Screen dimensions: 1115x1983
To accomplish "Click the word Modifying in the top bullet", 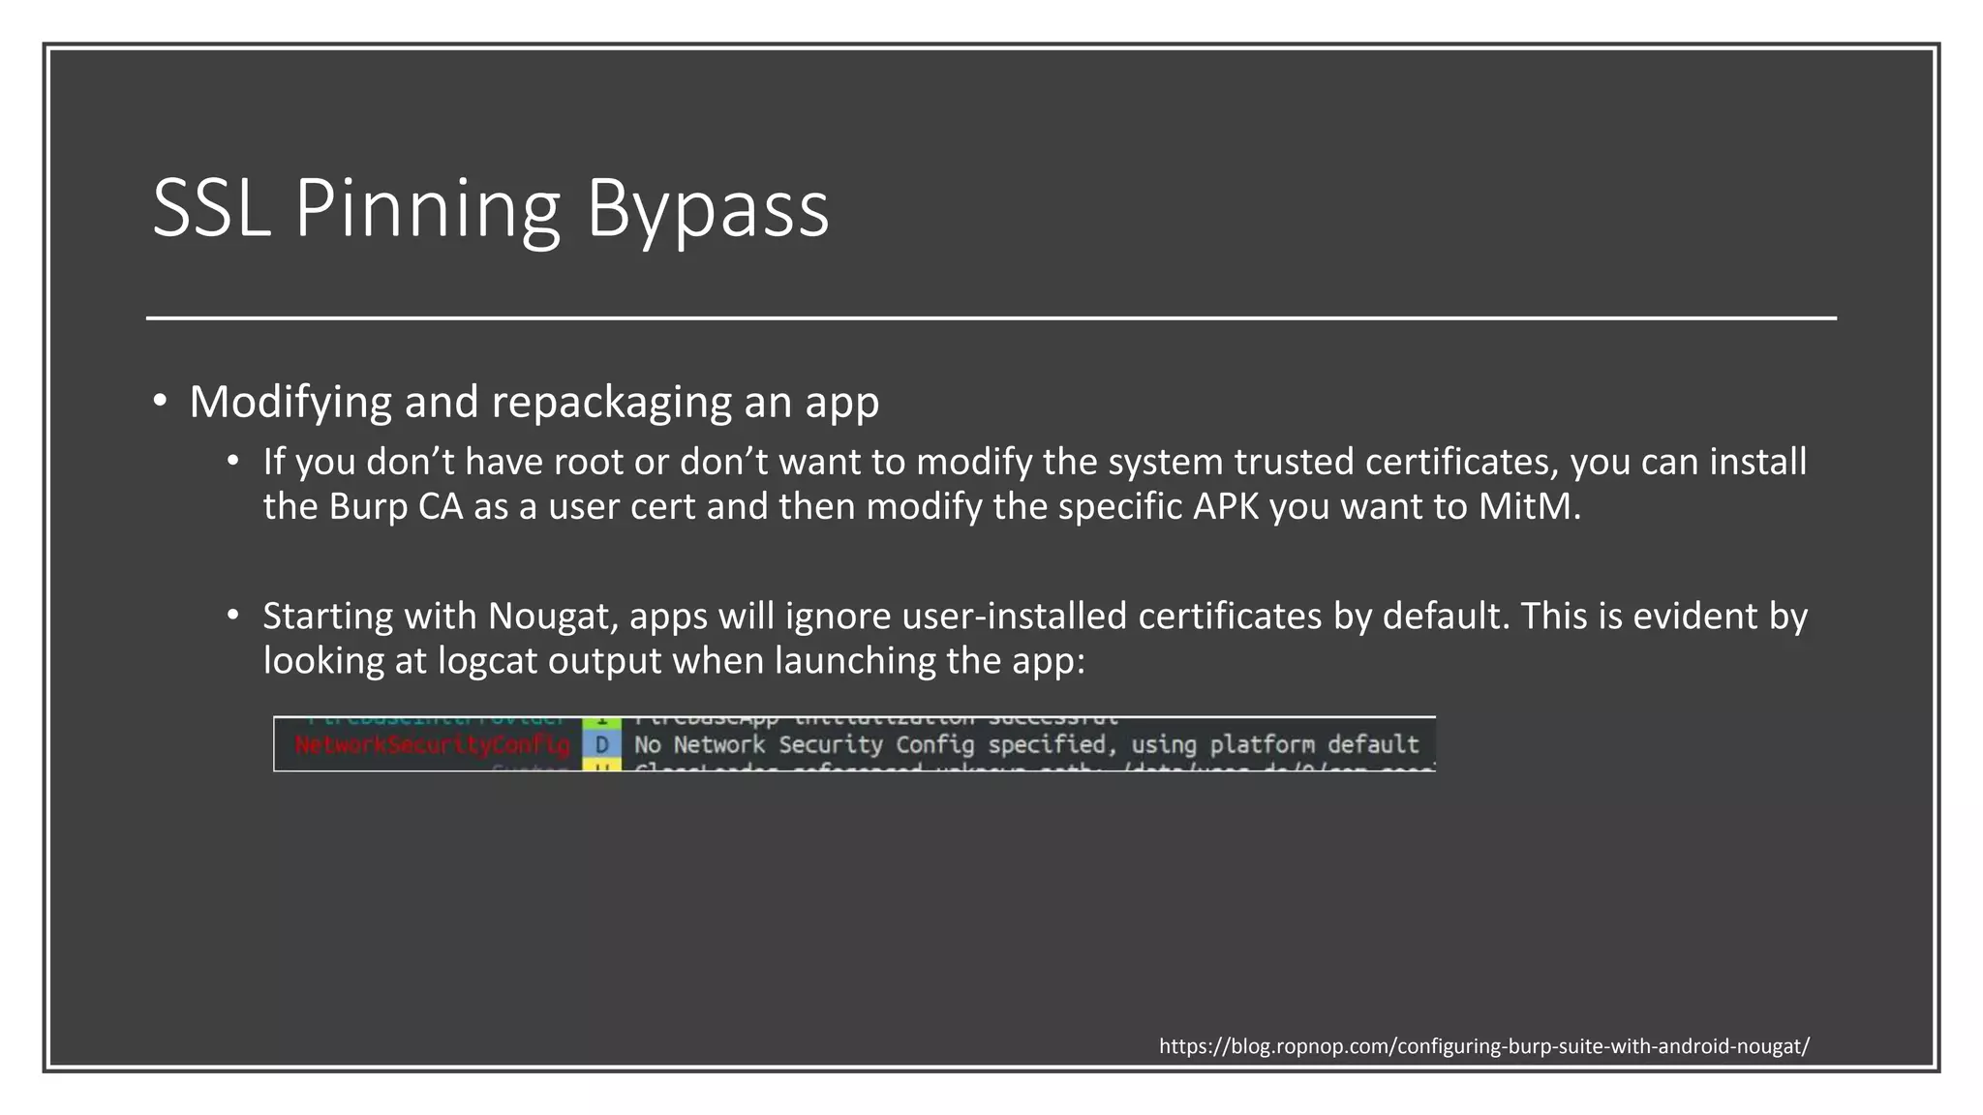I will [x=290, y=403].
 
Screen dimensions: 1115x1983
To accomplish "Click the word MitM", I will [x=1529, y=506].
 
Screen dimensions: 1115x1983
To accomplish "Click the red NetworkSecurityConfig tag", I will [x=432, y=745].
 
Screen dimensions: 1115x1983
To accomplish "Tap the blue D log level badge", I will [x=602, y=745].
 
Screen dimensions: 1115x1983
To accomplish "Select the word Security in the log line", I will [x=831, y=745].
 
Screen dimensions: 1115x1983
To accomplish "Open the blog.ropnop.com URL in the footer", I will [x=1483, y=1046].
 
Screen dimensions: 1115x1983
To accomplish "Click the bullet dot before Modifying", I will [x=161, y=402].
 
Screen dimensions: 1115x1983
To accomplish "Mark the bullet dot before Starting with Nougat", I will [x=233, y=616].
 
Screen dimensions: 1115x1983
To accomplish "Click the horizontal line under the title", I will [x=991, y=317].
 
